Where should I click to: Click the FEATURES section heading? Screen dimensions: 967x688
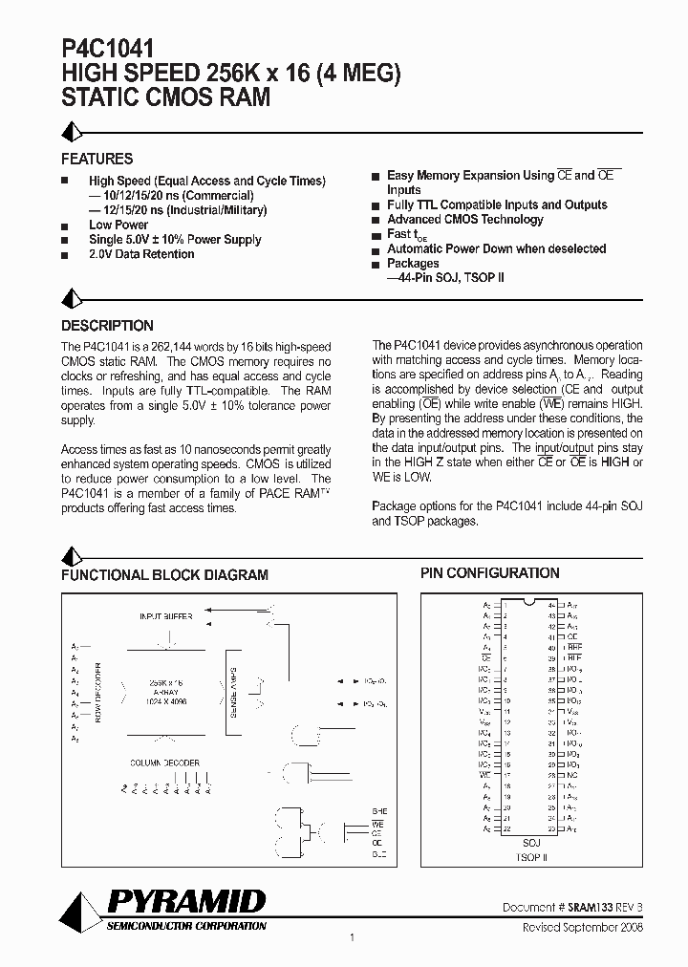(x=97, y=159)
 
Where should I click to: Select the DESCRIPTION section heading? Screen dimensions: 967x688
(x=107, y=325)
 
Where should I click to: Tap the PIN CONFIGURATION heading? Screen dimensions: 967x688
(x=490, y=573)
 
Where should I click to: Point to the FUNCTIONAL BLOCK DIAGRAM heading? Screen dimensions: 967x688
(x=164, y=575)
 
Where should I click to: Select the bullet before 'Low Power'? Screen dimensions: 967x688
(x=65, y=226)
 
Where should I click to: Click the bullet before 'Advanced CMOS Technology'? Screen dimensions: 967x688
(x=376, y=220)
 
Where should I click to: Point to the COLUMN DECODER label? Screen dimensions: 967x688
(x=165, y=763)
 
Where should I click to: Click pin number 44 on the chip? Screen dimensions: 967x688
(x=551, y=606)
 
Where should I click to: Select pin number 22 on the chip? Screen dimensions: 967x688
(x=506, y=828)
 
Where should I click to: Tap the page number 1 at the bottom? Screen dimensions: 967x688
(x=353, y=937)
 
